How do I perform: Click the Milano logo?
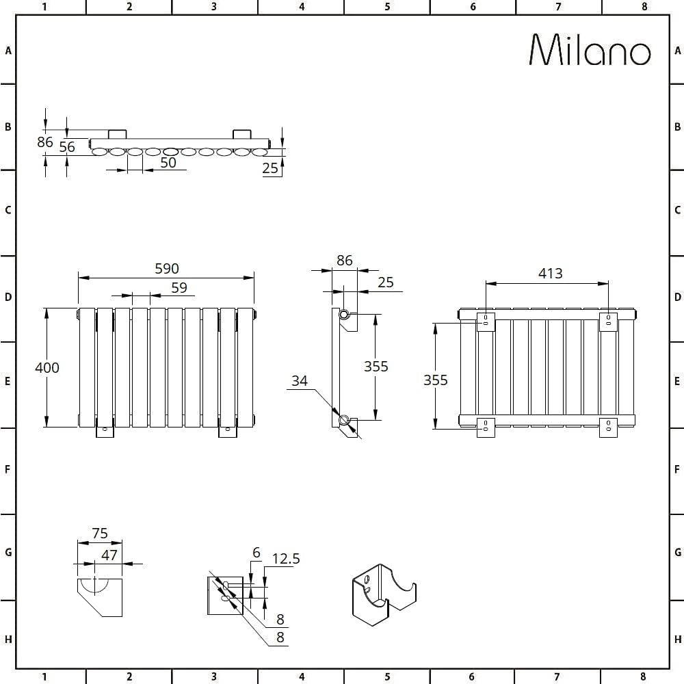pos(590,50)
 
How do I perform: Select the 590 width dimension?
pos(166,269)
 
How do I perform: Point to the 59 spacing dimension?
pos(179,288)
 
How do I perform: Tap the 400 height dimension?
pos(47,367)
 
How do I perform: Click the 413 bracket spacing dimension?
pos(550,274)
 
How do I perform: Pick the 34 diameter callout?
pos(300,381)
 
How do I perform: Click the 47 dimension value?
pos(109,555)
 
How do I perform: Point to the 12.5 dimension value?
pos(286,559)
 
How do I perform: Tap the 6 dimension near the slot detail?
pos(256,553)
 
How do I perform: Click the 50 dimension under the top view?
pos(168,163)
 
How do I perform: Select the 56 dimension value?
pos(67,146)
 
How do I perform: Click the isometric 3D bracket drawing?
pos(382,593)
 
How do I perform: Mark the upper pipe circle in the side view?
pos(344,315)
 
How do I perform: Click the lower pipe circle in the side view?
pos(344,419)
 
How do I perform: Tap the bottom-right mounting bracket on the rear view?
pos(608,427)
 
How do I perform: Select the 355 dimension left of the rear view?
pos(435,380)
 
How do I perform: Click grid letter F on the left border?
pos(8,470)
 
